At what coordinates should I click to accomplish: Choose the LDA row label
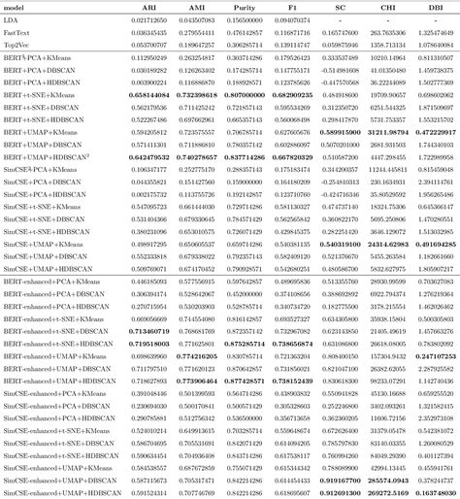[11, 19]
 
